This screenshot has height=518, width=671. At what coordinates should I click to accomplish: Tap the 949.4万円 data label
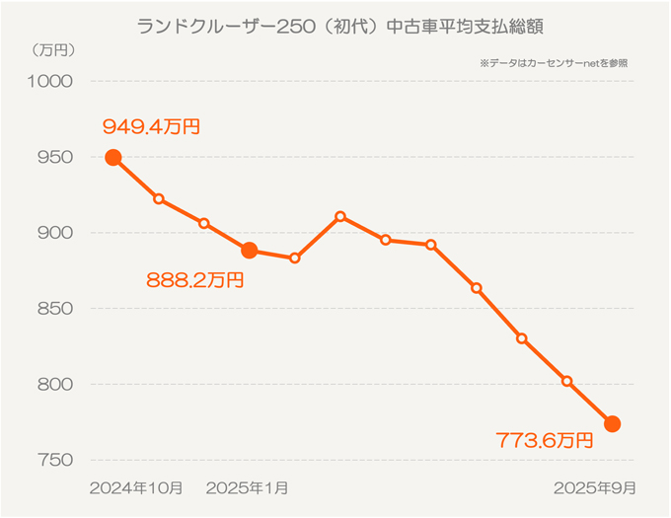[152, 126]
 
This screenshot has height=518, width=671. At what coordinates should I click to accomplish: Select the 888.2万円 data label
[194, 280]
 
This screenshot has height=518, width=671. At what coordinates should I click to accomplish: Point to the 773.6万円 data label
[545, 440]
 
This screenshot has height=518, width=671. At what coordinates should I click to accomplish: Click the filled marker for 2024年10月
[113, 158]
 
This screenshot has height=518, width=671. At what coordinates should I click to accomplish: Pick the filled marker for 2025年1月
[250, 251]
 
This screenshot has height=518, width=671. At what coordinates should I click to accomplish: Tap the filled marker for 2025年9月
[612, 424]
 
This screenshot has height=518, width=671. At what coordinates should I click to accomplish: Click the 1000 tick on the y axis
[55, 81]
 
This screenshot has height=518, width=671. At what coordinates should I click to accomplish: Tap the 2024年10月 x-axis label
[136, 487]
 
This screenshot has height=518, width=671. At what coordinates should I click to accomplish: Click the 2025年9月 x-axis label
[594, 487]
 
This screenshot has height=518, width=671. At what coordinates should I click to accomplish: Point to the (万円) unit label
[53, 48]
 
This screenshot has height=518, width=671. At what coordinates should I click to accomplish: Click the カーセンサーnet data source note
[554, 63]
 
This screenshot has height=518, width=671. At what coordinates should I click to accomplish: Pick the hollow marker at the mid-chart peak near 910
[340, 215]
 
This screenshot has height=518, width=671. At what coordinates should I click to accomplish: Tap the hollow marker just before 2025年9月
[566, 381]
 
